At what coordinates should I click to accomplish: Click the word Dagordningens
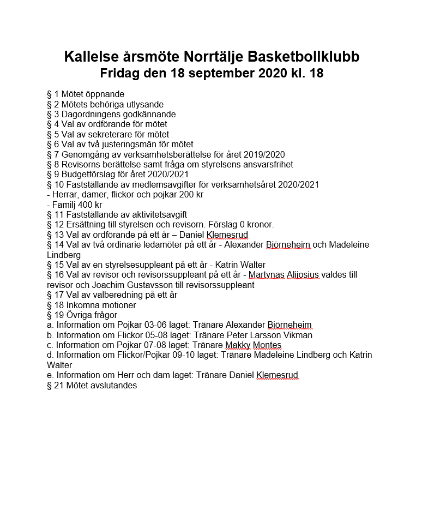(91, 115)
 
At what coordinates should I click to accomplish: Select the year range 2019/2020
(265, 155)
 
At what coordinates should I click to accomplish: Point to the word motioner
(118, 305)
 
